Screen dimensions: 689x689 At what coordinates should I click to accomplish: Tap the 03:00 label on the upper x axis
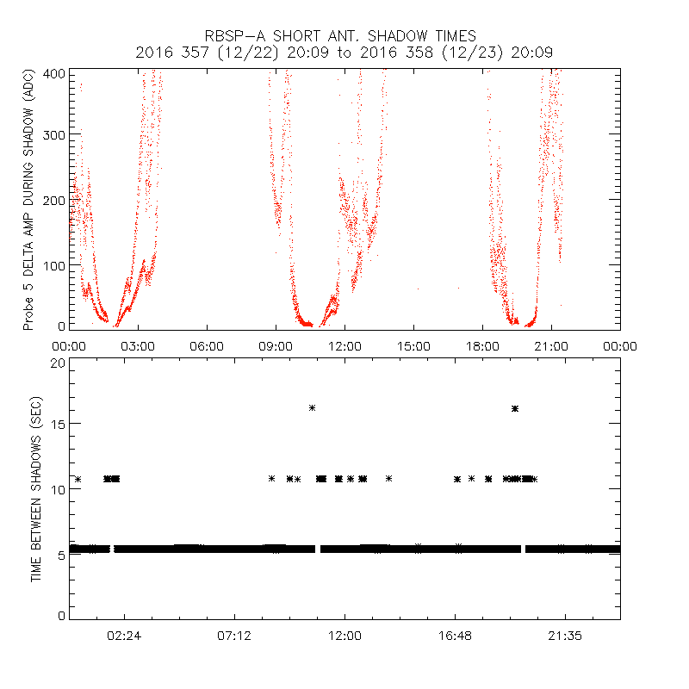(x=138, y=345)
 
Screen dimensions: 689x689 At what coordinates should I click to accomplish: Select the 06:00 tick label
(x=207, y=345)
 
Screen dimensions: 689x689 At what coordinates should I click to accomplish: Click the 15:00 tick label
(x=413, y=345)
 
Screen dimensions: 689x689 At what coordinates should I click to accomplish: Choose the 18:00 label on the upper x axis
(x=482, y=345)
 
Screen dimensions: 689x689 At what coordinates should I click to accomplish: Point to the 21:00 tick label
(x=551, y=345)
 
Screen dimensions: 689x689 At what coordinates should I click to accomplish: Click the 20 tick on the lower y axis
(x=58, y=363)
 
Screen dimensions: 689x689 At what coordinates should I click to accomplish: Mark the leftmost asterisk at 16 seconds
(x=312, y=407)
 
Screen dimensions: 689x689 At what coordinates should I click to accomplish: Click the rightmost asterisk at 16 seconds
(x=515, y=408)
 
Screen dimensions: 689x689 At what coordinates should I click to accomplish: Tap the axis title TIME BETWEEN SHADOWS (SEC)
(x=36, y=489)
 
